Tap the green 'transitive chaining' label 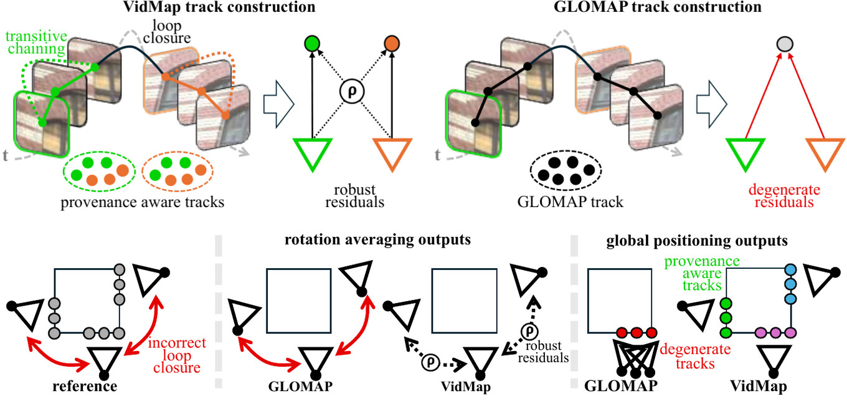36,42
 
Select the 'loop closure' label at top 167,32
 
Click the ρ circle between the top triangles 352,92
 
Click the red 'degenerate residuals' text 784,196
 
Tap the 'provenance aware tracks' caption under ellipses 142,203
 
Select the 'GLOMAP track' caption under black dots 570,202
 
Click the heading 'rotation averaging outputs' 378,239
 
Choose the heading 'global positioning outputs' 697,241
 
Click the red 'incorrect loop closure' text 177,355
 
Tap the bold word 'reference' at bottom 85,387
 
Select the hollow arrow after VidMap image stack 278,104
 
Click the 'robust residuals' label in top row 355,196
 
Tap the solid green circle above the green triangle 312,44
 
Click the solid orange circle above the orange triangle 392,44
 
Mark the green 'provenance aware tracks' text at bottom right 702,273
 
